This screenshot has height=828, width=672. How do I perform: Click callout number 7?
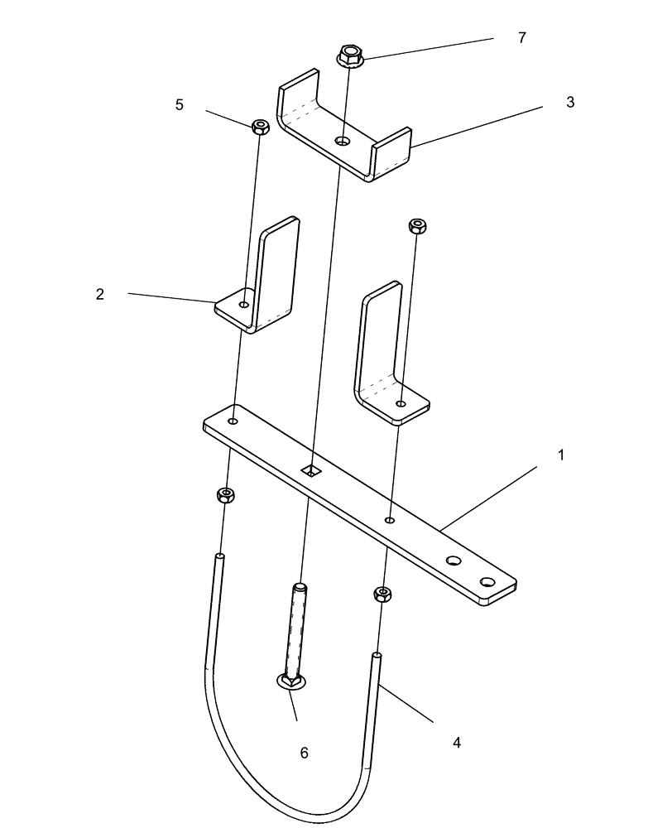pyautogui.click(x=521, y=38)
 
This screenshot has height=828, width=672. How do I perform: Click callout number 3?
pyautogui.click(x=569, y=102)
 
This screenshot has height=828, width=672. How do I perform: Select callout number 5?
pyautogui.click(x=180, y=105)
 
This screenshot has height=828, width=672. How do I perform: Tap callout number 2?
pyautogui.click(x=100, y=294)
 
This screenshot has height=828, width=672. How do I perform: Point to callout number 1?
pyautogui.click(x=560, y=455)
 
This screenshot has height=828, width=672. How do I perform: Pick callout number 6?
pyautogui.click(x=304, y=752)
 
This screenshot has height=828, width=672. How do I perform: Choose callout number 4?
pyautogui.click(x=457, y=743)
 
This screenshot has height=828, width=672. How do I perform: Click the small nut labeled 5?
pyautogui.click(x=262, y=127)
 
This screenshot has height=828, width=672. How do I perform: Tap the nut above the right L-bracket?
pyautogui.click(x=419, y=225)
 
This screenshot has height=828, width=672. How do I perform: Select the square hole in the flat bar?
pyautogui.click(x=311, y=470)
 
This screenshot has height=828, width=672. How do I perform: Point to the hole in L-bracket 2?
pyautogui.click(x=243, y=305)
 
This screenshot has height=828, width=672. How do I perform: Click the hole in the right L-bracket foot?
pyautogui.click(x=401, y=403)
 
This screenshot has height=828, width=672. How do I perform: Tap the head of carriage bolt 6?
pyautogui.click(x=291, y=681)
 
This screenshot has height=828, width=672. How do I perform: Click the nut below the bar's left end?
pyautogui.click(x=224, y=495)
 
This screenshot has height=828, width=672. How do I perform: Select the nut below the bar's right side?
pyautogui.click(x=382, y=593)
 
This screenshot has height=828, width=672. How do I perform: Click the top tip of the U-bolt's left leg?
pyautogui.click(x=219, y=556)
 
